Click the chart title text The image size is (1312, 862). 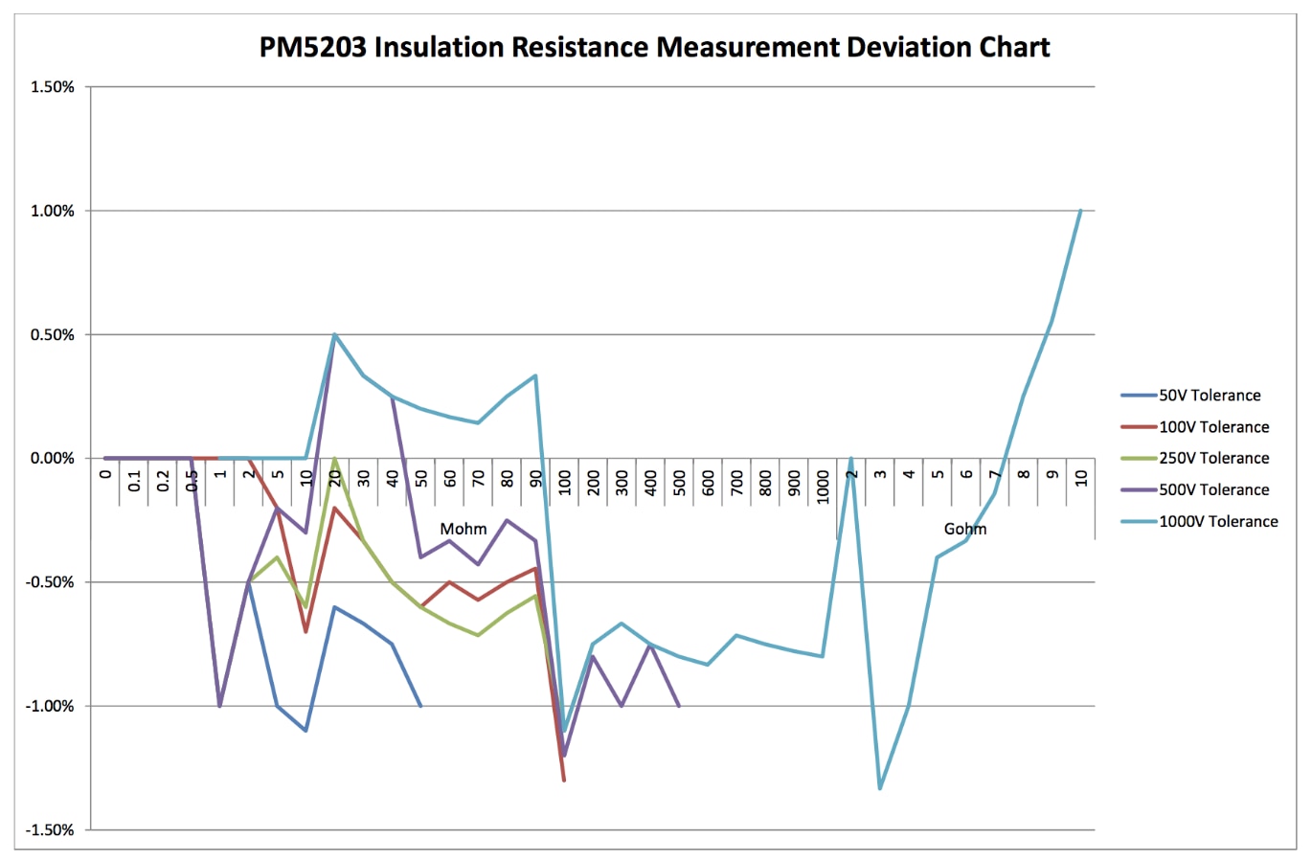[655, 47]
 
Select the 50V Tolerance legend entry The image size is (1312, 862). [1210, 396]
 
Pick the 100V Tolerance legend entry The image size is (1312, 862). [1213, 427]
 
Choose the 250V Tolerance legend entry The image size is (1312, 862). [1213, 458]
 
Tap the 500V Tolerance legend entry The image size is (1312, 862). [1213, 489]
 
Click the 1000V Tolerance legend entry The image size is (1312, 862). [1218, 521]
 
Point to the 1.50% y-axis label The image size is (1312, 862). [53, 87]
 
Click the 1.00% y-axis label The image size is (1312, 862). [53, 211]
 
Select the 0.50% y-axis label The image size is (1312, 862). [53, 334]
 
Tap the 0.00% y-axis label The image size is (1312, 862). [53, 458]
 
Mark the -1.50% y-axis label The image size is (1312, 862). [50, 829]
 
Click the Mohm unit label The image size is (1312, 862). [464, 529]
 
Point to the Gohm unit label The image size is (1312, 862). [964, 529]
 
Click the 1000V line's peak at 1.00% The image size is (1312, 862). [1080, 211]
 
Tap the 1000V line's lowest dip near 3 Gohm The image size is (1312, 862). [880, 788]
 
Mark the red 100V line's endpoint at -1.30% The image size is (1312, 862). [564, 781]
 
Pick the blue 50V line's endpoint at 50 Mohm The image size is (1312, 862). [420, 706]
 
